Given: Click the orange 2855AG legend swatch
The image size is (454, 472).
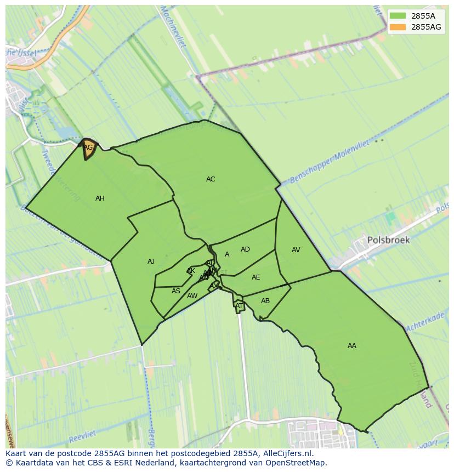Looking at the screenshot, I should tap(399, 27).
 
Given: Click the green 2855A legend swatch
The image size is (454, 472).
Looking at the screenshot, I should tap(399, 15).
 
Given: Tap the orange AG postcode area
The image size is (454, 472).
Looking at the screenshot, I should tap(88, 148).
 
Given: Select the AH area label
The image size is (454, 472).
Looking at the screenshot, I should tap(100, 198).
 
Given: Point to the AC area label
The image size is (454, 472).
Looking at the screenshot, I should tap(211, 179).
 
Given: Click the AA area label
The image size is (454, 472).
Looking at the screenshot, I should tap(352, 346).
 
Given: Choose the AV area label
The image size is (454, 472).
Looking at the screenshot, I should tap(296, 250).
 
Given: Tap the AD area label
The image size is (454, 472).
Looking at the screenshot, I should tap(245, 249).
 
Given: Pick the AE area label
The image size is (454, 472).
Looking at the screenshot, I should tap(256, 277).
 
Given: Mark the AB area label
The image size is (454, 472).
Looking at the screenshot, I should tap(265, 301).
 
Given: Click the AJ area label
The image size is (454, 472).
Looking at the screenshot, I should tap(151, 261).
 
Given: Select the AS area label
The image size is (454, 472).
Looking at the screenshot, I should tap(176, 291).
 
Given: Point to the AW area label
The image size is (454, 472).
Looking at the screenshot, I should tap(192, 296).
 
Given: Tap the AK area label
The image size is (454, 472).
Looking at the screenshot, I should tap(191, 271).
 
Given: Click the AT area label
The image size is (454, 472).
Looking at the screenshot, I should tap(239, 306).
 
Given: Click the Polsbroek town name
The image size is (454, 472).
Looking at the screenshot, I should tap(388, 240).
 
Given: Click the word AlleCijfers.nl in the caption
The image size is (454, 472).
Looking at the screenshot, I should tap(287, 453).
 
